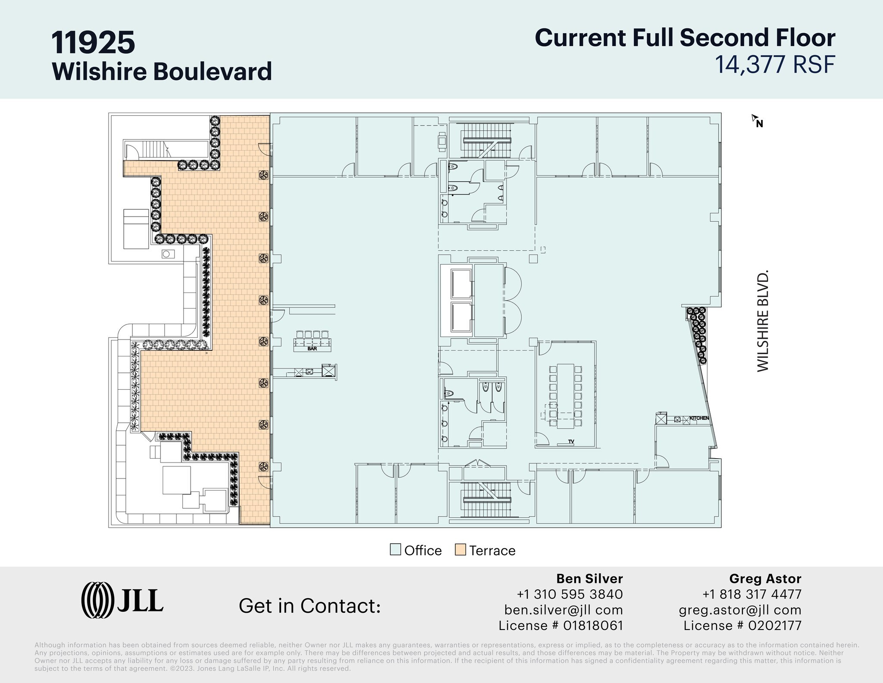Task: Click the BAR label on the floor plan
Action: pyautogui.click(x=312, y=349)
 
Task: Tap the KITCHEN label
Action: pyautogui.click(x=699, y=418)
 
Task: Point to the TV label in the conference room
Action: pyautogui.click(x=571, y=441)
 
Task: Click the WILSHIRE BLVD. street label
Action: pyautogui.click(x=763, y=321)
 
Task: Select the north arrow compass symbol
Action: pyautogui.click(x=758, y=121)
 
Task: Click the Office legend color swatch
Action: pyautogui.click(x=395, y=550)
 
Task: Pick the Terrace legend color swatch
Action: pyautogui.click(x=460, y=550)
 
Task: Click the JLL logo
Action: pyautogui.click(x=122, y=600)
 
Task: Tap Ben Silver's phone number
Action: pyautogui.click(x=570, y=594)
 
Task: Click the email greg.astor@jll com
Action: pyautogui.click(x=740, y=610)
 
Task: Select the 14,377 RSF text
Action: pyautogui.click(x=775, y=64)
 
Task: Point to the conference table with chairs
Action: pyautogui.click(x=566, y=396)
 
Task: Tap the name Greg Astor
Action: pyautogui.click(x=765, y=579)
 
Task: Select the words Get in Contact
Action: pyautogui.click(x=310, y=605)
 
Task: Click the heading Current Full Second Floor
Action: pyautogui.click(x=685, y=38)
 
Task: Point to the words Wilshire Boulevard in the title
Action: pyautogui.click(x=162, y=71)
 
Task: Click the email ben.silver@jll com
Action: pyautogui.click(x=564, y=610)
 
